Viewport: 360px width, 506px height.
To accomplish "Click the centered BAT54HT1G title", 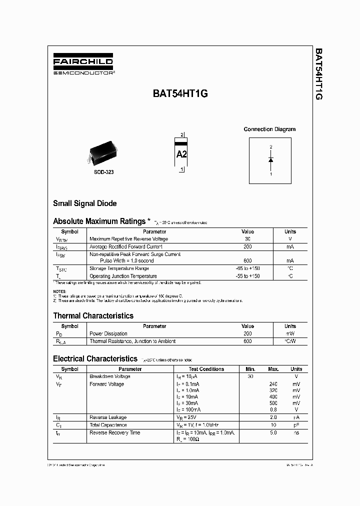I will click(x=180, y=93).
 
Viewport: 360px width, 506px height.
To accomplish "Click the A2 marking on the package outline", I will click(x=181, y=154).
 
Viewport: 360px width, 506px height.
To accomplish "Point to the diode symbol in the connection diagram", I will click(x=270, y=159).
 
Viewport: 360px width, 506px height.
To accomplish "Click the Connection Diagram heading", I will click(x=269, y=129).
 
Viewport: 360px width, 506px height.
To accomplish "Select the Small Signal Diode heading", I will click(x=85, y=203).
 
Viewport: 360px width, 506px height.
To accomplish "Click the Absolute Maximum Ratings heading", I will click(x=99, y=221).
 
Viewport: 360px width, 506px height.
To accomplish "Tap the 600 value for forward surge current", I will click(x=247, y=261).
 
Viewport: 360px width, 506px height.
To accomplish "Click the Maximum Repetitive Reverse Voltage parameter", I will click(x=128, y=239).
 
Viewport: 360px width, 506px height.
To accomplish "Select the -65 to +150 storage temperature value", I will click(x=247, y=268).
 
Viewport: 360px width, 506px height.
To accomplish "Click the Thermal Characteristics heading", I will click(x=93, y=315).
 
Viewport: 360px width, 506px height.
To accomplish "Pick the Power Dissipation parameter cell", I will click(x=108, y=333).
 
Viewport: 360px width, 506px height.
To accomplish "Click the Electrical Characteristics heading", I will click(x=95, y=358).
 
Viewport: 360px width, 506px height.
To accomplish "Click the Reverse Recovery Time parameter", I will click(x=114, y=432).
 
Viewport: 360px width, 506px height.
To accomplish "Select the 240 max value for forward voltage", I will click(x=273, y=384).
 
